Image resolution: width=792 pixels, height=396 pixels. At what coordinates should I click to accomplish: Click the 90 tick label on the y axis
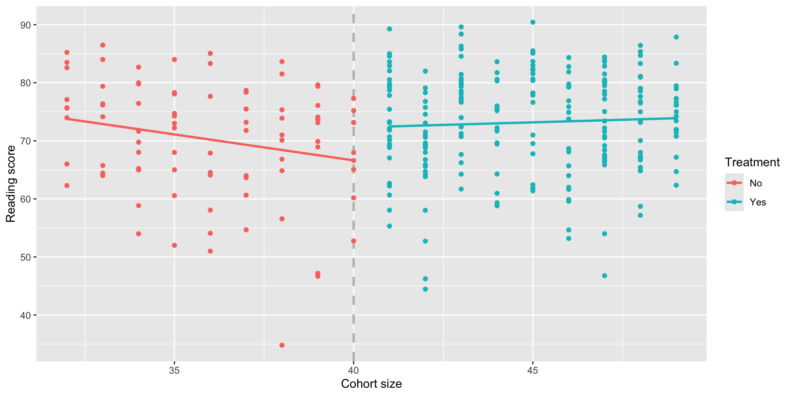(x=26, y=25)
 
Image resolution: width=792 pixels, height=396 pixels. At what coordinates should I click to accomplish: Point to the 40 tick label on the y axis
(x=26, y=316)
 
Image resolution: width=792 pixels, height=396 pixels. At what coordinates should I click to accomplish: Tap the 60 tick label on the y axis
(x=26, y=199)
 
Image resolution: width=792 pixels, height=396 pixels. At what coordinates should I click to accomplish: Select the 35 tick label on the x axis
(x=174, y=370)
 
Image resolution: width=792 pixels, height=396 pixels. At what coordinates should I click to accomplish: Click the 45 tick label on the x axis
(x=533, y=370)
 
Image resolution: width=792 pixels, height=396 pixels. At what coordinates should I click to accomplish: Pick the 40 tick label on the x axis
(x=354, y=370)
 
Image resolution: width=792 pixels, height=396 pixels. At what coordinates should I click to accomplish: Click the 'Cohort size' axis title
(x=371, y=384)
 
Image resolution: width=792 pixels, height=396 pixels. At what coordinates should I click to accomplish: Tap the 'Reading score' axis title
(x=11, y=184)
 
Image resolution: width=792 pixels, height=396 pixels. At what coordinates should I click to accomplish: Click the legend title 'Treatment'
(x=752, y=163)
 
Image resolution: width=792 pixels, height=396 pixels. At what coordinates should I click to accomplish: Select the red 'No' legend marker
(x=734, y=183)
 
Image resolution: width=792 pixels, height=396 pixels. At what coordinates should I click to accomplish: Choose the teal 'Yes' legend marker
(x=734, y=202)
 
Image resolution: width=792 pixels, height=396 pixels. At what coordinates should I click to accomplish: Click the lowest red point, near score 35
(x=282, y=345)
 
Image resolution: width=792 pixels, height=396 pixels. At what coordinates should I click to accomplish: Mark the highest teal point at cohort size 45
(x=533, y=22)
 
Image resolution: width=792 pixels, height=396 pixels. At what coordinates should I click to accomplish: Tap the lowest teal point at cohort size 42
(x=425, y=289)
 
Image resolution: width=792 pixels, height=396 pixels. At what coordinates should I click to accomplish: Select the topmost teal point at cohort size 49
(x=676, y=37)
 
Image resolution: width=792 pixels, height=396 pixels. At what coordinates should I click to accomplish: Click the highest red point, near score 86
(x=103, y=45)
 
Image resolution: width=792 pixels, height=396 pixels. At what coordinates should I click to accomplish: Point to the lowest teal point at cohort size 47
(x=605, y=276)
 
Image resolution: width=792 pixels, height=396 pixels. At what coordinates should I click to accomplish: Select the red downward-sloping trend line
(x=206, y=139)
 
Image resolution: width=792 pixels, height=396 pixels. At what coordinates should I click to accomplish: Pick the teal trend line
(x=536, y=122)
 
